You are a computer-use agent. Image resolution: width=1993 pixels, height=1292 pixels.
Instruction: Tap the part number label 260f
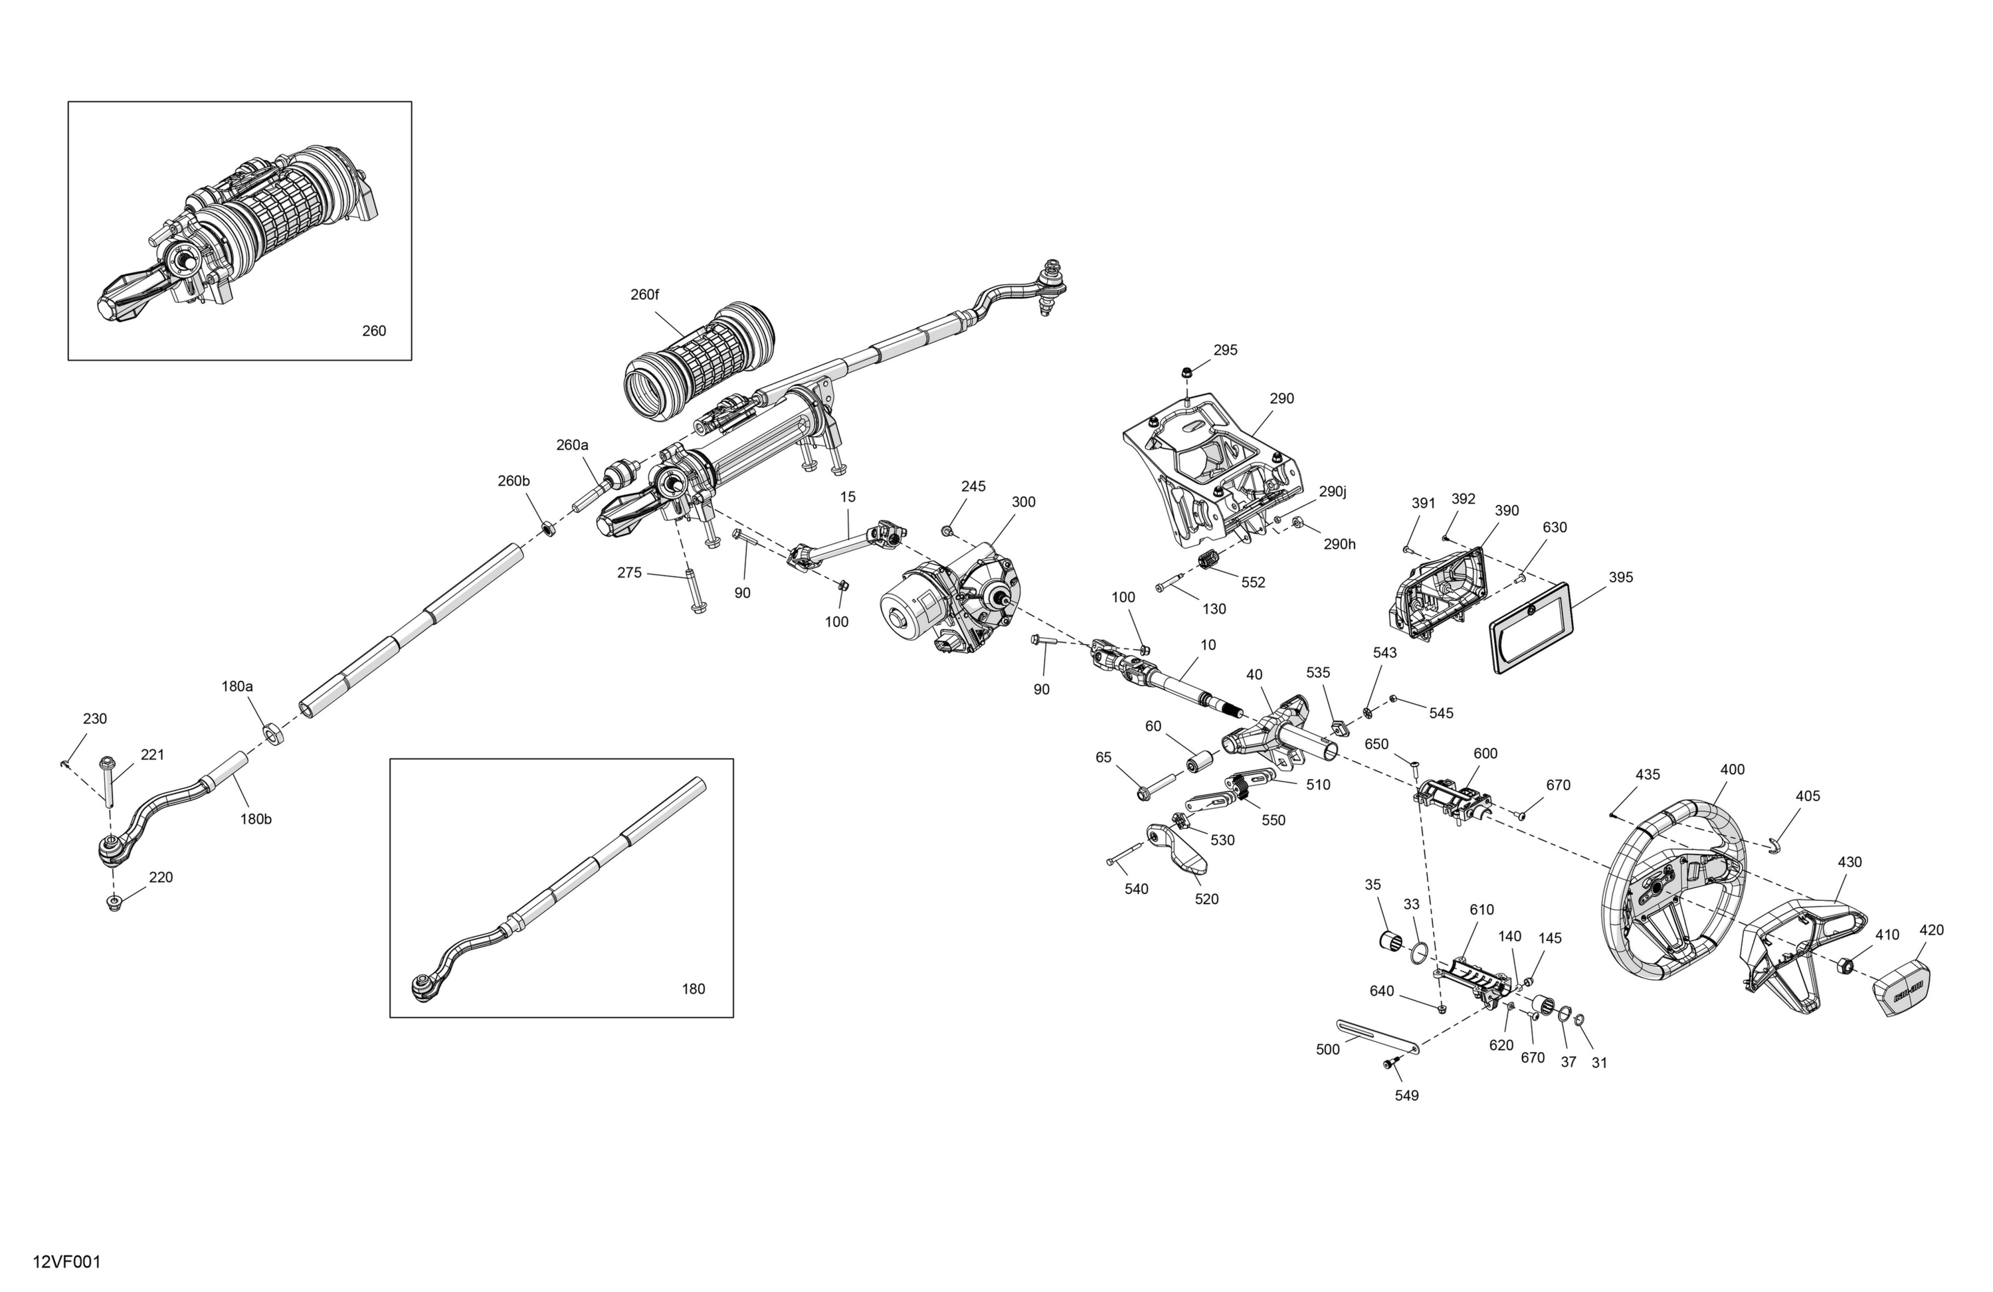[x=645, y=295]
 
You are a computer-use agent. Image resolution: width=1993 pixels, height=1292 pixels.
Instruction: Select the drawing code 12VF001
[x=67, y=1262]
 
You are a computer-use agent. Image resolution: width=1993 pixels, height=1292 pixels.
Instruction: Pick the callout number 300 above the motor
[x=1023, y=502]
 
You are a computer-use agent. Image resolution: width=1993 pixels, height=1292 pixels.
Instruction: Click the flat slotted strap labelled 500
[x=1378, y=1035]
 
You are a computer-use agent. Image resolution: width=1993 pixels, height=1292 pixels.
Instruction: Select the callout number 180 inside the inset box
[x=694, y=989]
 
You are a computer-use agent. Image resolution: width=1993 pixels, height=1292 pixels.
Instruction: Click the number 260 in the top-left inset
[x=374, y=331]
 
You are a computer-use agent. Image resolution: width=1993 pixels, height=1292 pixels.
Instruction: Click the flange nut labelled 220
[x=113, y=903]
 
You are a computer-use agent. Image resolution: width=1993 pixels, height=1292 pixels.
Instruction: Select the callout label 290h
[x=1339, y=544]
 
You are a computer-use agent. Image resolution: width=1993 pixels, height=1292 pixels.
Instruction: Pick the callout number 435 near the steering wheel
[x=1647, y=775]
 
